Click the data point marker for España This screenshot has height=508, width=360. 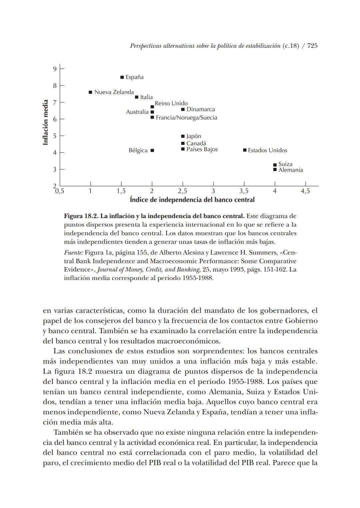(122, 77)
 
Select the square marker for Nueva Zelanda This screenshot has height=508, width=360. (90, 92)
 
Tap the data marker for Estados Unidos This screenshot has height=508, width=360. (245, 150)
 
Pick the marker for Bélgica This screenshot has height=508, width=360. (152, 150)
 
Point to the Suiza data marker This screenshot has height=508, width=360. (275, 165)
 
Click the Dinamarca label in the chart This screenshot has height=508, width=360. (200, 109)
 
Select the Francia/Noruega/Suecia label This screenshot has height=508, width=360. (186, 118)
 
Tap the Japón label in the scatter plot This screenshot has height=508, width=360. (193, 136)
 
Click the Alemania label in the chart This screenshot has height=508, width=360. (290, 170)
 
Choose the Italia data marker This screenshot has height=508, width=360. (137, 97)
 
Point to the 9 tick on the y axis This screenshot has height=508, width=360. (55, 69)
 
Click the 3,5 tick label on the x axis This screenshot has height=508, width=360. (244, 191)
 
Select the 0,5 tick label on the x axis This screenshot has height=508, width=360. (60, 191)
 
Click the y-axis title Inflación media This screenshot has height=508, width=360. (46, 122)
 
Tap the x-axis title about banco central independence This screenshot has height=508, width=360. (192, 200)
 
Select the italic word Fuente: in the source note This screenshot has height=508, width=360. (73, 252)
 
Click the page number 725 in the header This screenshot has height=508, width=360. (312, 46)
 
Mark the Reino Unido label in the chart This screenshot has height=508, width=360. (171, 103)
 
